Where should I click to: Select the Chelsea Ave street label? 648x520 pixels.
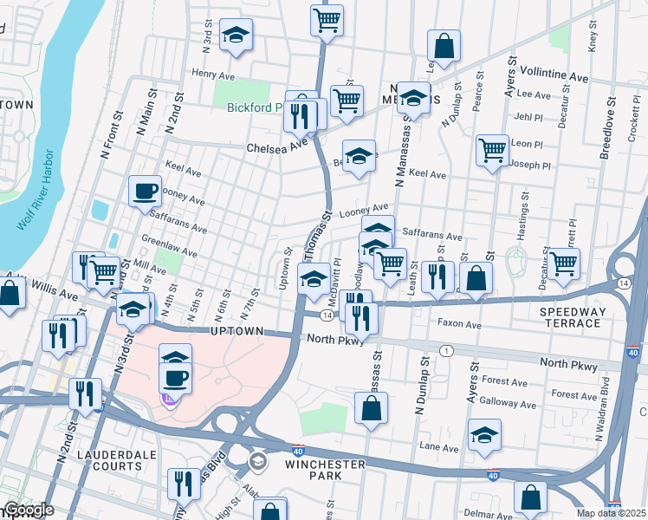click(x=277, y=146)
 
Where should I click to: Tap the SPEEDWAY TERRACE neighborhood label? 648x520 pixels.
click(x=570, y=316)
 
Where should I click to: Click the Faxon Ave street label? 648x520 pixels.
click(x=460, y=325)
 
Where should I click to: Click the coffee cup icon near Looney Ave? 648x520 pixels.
click(x=146, y=190)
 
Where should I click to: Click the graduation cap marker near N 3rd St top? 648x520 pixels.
click(x=236, y=34)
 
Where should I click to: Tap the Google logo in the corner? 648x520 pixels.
click(x=29, y=510)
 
